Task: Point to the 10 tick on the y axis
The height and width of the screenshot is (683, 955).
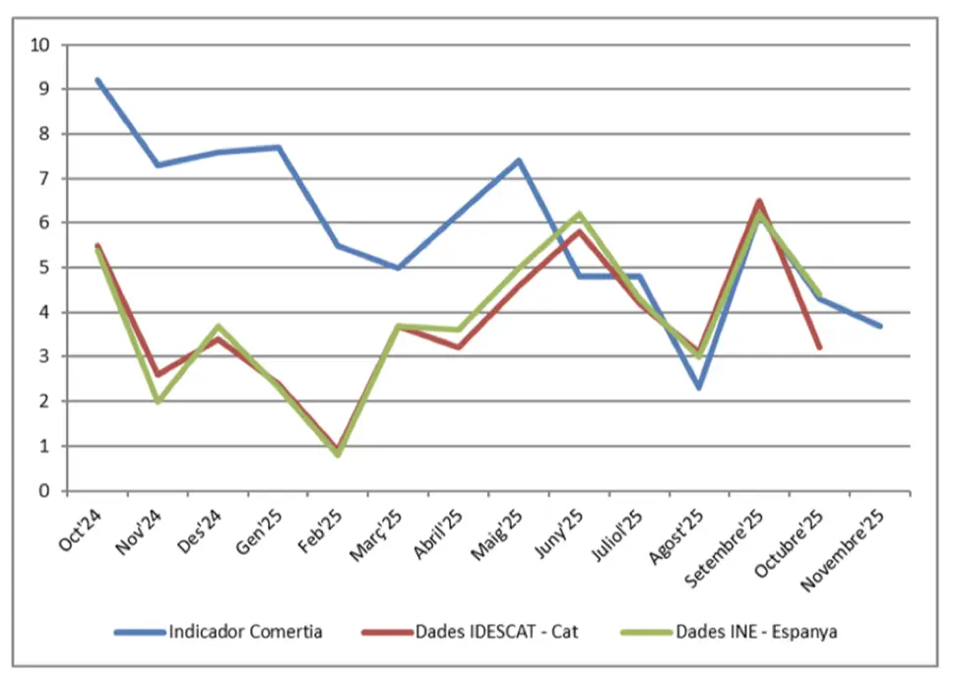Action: click(x=41, y=44)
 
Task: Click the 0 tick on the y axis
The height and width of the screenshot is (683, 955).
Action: click(x=45, y=490)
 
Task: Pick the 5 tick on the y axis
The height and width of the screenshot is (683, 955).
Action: click(x=45, y=268)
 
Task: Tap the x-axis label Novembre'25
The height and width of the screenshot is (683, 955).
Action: click(x=844, y=551)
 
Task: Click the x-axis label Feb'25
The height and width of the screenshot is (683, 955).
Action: click(x=320, y=532)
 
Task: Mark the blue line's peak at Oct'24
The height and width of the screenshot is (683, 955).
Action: click(x=97, y=80)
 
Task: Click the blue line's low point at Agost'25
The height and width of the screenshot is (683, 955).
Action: click(x=699, y=388)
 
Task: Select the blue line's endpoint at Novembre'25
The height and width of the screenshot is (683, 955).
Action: click(x=879, y=326)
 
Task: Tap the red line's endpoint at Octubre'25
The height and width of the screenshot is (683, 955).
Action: click(x=819, y=347)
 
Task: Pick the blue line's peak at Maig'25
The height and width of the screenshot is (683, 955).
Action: click(x=519, y=160)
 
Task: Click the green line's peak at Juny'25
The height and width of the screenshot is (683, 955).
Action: click(x=579, y=214)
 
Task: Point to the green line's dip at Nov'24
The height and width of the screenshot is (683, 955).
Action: click(x=158, y=402)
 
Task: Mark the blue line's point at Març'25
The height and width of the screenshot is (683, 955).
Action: click(x=399, y=268)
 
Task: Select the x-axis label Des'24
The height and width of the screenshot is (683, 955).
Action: click(x=201, y=532)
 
